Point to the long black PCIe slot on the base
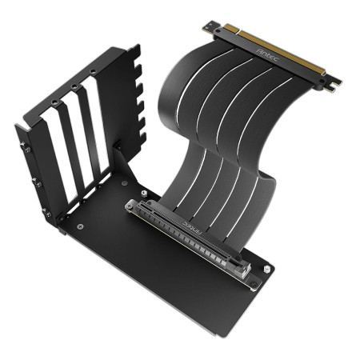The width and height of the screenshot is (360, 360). point(192,235)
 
